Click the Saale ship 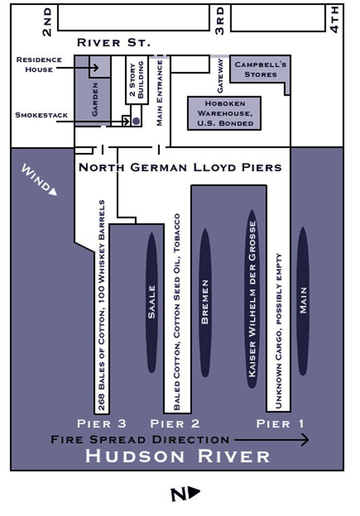152,302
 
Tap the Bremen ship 205,302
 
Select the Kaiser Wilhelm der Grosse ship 252,299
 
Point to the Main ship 303,301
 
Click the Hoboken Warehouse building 224,114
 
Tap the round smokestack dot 136,121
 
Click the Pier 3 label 102,424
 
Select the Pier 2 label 175,424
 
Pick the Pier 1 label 280,424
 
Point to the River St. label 114,43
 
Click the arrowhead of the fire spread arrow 305,439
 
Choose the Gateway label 220,82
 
